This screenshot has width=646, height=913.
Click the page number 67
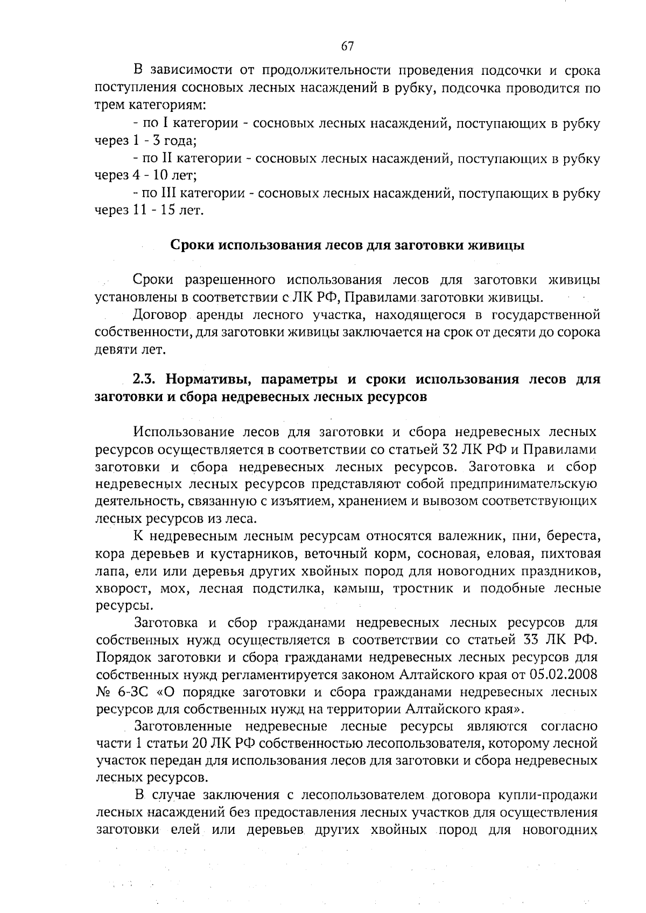[347, 46]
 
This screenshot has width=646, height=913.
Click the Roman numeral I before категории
[165, 123]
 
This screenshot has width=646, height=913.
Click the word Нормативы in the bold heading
[208, 379]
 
